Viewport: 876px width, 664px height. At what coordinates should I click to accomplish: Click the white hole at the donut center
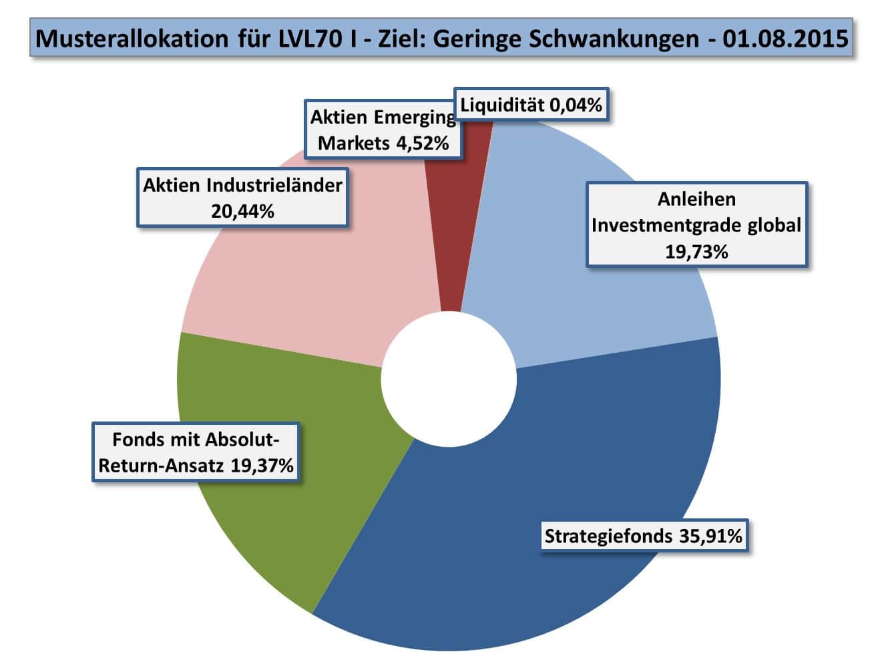449,379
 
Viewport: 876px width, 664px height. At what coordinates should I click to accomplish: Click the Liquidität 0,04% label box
531,104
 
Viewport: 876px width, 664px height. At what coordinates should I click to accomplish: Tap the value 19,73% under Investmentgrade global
696,251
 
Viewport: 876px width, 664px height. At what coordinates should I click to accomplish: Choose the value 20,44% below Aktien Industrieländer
242,211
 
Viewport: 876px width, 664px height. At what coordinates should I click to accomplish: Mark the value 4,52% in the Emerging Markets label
422,142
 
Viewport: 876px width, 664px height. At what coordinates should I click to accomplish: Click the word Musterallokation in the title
132,38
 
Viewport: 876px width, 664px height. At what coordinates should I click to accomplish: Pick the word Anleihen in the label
696,198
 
